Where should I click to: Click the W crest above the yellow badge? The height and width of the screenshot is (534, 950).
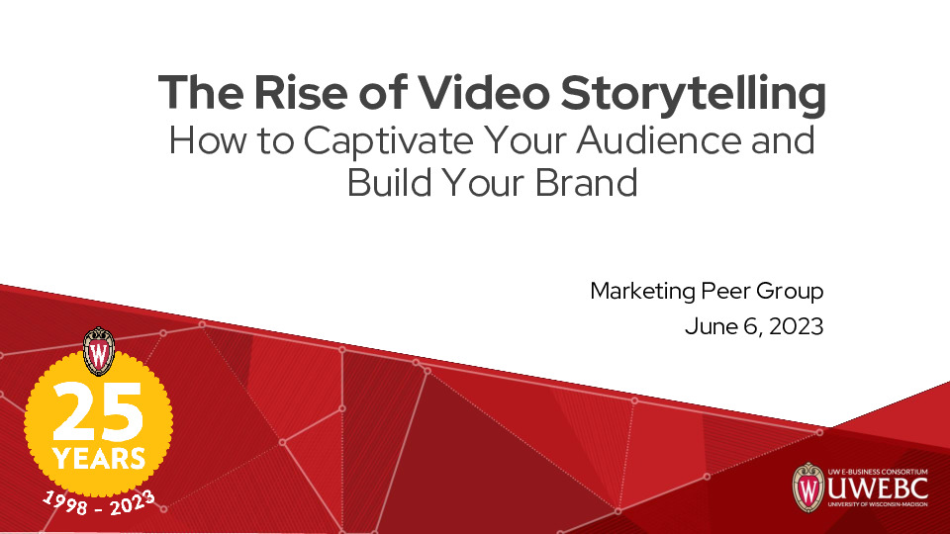click(x=99, y=350)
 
